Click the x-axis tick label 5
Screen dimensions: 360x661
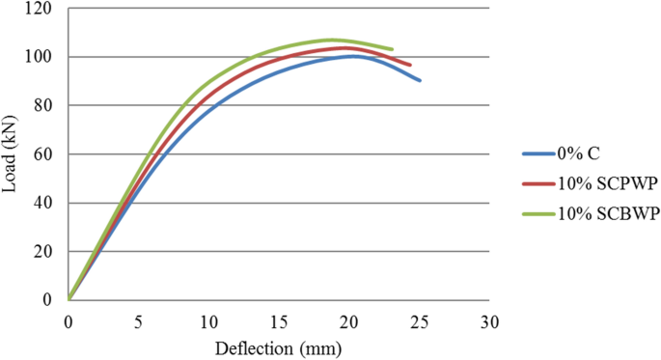[x=138, y=319]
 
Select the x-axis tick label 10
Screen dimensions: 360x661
[x=208, y=319]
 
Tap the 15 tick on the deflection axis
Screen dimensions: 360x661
[x=279, y=319]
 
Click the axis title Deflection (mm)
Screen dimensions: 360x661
[x=279, y=345]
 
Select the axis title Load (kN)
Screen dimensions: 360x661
[x=12, y=154]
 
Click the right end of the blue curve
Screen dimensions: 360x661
[x=420, y=80]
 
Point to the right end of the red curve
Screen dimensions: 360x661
[x=410, y=65]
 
